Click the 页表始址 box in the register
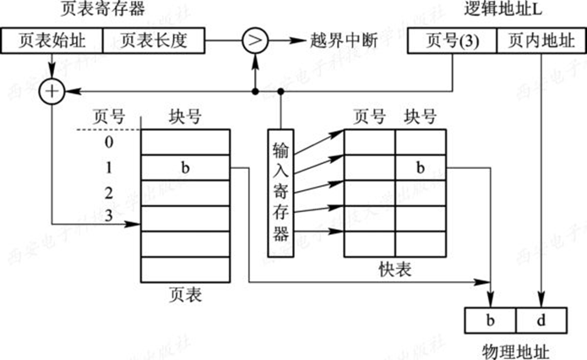[x=52, y=40]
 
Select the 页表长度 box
[x=155, y=40]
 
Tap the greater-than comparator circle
[x=254, y=40]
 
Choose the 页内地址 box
[x=537, y=40]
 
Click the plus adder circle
[x=52, y=90]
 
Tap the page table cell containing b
[x=186, y=167]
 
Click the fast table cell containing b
[x=421, y=167]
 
